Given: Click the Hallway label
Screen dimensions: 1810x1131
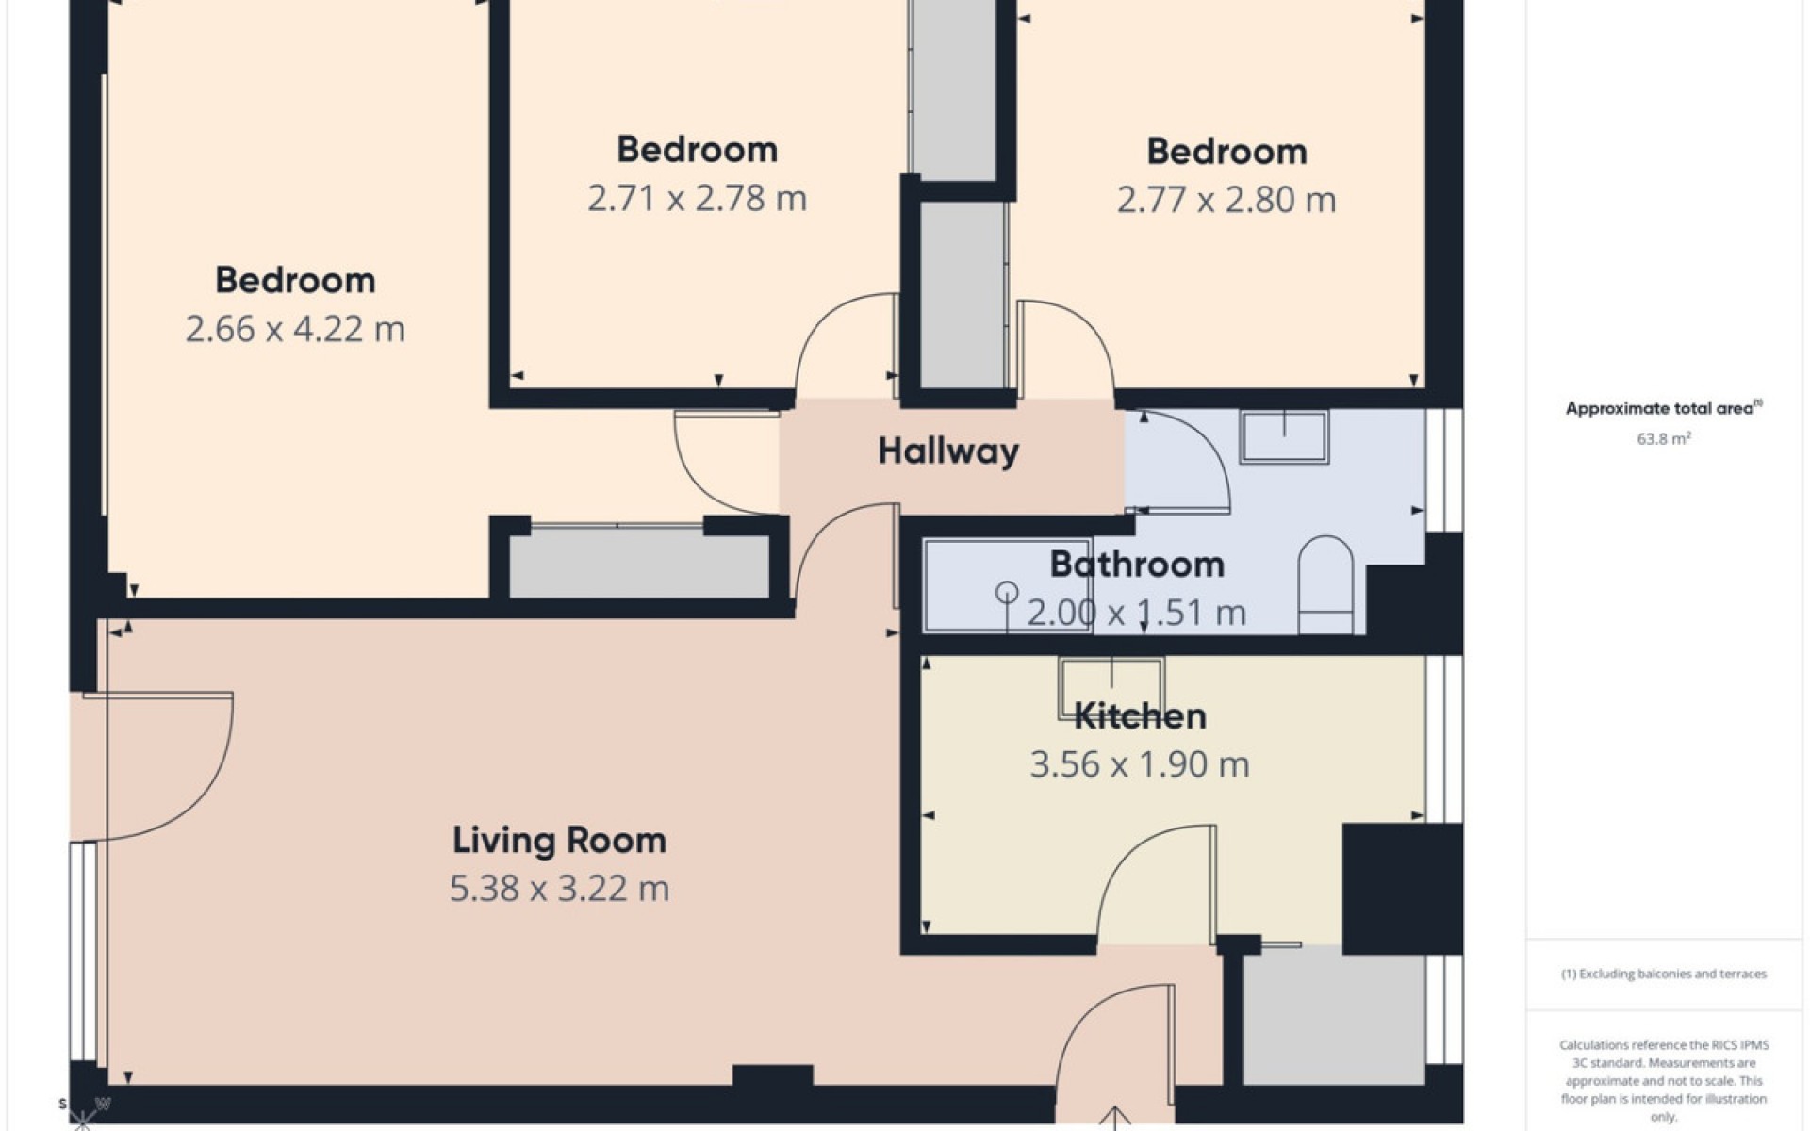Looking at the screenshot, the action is point(948,451).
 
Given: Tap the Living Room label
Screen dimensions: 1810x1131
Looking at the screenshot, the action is point(559,840).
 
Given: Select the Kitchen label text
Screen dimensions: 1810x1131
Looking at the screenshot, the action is point(1140,716).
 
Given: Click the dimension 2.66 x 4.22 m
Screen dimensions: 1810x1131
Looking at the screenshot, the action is point(295,329).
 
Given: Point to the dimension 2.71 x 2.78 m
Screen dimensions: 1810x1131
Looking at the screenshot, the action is point(697,199).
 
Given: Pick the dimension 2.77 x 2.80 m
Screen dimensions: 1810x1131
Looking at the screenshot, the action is point(1226,200).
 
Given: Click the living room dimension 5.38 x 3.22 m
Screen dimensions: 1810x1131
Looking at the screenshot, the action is point(559,889).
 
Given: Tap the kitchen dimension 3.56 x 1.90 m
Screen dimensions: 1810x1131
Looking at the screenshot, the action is point(1140,764).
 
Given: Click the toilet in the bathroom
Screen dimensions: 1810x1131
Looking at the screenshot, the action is point(1325,585).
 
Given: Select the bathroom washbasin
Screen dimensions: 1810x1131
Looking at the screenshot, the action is point(1284,437).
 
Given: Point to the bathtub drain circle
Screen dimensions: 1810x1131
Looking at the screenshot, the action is point(1007,593).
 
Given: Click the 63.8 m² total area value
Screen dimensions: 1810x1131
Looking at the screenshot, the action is point(1664,438).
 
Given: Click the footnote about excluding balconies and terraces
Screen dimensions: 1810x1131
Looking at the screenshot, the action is point(1664,974).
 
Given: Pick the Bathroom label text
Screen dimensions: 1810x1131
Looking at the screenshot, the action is point(1137,565).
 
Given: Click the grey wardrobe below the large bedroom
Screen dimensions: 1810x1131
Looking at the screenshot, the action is point(639,565).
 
